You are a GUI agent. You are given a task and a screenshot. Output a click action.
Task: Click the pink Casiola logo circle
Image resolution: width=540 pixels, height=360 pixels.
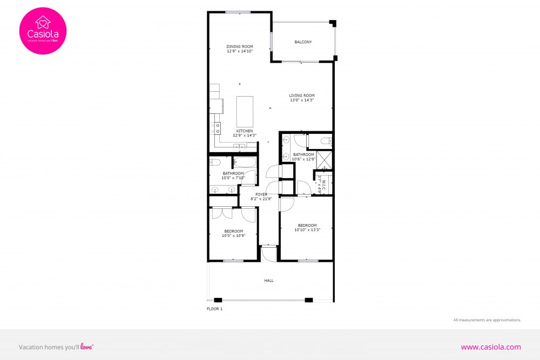(x=43, y=31)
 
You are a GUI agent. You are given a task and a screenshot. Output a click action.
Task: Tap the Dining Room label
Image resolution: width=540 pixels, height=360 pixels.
(x=240, y=46)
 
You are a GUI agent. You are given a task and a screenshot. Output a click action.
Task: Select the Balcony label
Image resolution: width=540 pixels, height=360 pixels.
(x=303, y=42)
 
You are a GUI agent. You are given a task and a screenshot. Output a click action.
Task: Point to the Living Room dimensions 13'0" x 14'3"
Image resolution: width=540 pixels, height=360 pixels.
(x=302, y=100)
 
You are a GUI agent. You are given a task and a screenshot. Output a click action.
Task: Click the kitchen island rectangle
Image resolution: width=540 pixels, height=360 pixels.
(x=245, y=111)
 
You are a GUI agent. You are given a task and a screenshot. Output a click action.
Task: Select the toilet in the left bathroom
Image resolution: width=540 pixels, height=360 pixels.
(x=215, y=162)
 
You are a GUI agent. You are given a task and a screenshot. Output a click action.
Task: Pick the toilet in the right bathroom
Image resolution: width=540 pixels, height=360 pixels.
(x=326, y=141)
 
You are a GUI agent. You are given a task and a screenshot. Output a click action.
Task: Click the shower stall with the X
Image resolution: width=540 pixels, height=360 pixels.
(x=324, y=160)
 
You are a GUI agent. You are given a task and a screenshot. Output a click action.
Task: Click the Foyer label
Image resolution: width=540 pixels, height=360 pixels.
(x=261, y=194)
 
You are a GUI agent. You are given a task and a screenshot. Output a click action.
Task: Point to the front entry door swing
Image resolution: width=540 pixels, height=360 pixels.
(x=269, y=253)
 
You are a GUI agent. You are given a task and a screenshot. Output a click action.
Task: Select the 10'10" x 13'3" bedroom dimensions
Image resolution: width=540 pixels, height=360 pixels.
(x=307, y=229)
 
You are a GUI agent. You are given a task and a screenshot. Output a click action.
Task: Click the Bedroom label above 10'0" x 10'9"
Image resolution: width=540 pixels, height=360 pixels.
(x=234, y=231)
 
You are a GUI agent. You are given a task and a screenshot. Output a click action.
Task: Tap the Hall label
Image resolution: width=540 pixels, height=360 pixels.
(x=269, y=281)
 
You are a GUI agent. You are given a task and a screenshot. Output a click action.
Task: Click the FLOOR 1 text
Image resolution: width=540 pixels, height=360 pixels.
(x=214, y=309)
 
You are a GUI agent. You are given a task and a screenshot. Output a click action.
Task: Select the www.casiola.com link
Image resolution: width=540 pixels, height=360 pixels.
(x=491, y=347)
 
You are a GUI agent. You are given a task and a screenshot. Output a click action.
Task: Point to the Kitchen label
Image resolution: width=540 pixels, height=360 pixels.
(x=245, y=131)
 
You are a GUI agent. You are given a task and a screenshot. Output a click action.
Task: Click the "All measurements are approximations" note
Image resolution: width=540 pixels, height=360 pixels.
(x=487, y=320)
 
